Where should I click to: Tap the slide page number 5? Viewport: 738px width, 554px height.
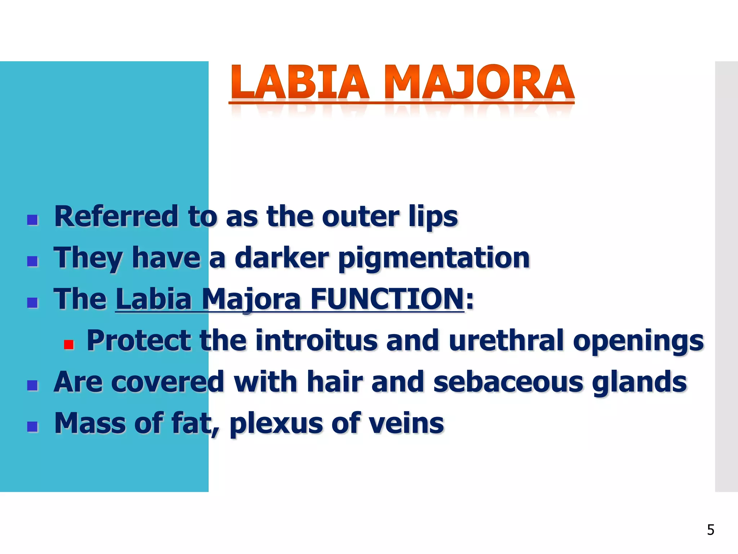pyautogui.click(x=711, y=530)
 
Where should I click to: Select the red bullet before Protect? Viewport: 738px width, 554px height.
pyautogui.click(x=68, y=344)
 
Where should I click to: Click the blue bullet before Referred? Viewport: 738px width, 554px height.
pyautogui.click(x=32, y=220)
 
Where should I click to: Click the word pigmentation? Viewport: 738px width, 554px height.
pyautogui.click(x=434, y=258)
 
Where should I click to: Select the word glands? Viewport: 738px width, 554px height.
pyautogui.click(x=639, y=382)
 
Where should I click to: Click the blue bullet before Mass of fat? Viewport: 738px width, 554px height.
pyautogui.click(x=32, y=427)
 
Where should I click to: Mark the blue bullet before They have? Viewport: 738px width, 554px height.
pyautogui.click(x=32, y=261)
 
